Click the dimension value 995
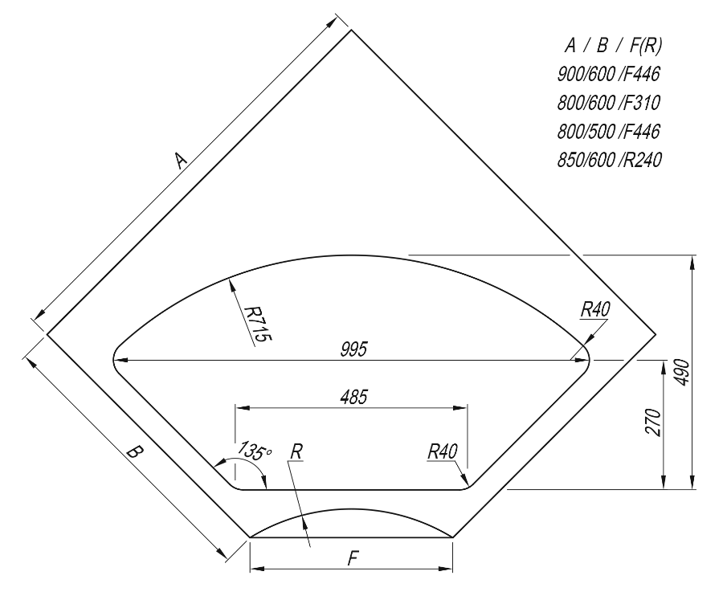click(x=353, y=349)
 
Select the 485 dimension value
click(x=353, y=397)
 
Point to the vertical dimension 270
click(x=653, y=422)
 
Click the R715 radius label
click(x=256, y=324)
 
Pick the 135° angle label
click(x=254, y=451)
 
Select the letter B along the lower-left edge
click(x=134, y=451)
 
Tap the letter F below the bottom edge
click(x=353, y=559)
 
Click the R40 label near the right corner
click(x=594, y=308)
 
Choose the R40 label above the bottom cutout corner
click(x=442, y=451)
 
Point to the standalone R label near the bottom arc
click(x=296, y=452)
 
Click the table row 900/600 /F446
click(x=609, y=74)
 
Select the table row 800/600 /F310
click(x=609, y=102)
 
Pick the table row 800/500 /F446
click(x=609, y=132)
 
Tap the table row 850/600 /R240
click(x=609, y=160)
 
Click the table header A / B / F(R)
click(x=613, y=45)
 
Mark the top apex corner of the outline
click(x=351, y=30)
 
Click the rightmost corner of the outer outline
click(x=655, y=333)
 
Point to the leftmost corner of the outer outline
click(x=47, y=333)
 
